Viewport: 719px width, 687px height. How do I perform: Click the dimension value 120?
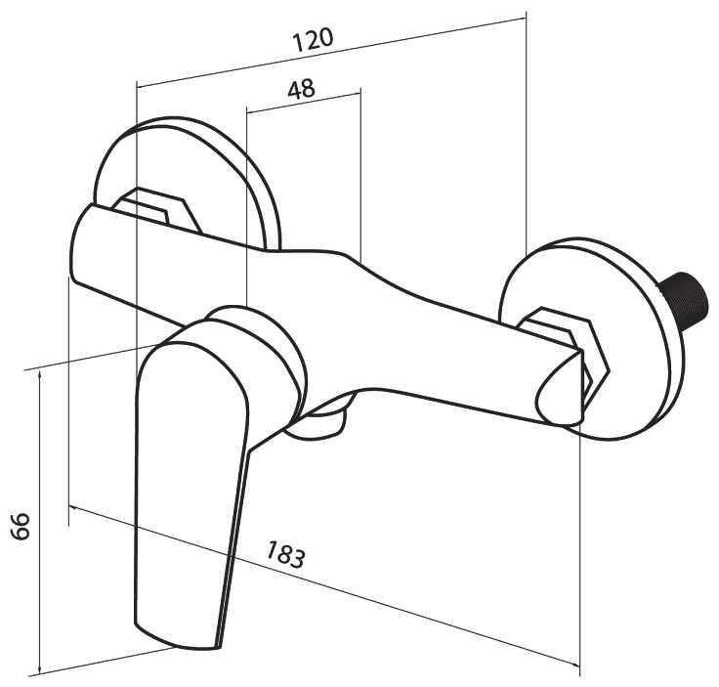313,39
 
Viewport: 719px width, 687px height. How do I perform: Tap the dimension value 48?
302,89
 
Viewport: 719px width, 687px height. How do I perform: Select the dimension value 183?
285,555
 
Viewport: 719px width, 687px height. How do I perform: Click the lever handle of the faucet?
190,469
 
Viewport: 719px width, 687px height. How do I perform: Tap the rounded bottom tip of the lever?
181,630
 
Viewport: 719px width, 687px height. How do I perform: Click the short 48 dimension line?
303,102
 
